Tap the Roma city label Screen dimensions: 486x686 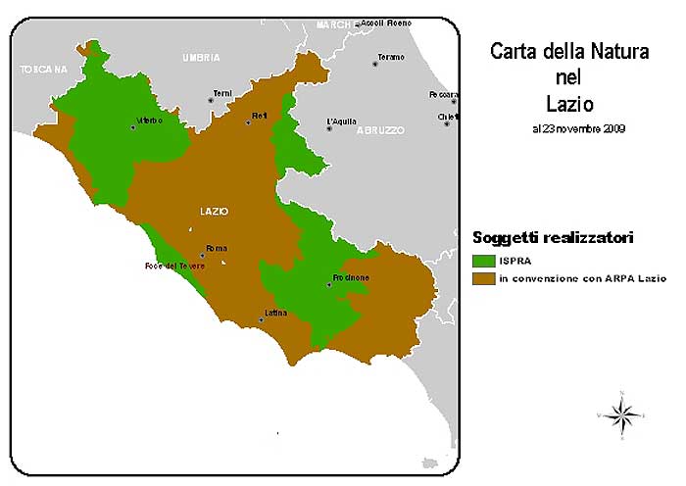click(x=216, y=249)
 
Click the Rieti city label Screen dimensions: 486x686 click(x=259, y=116)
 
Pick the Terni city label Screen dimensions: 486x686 click(x=221, y=93)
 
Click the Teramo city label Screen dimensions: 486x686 click(x=390, y=57)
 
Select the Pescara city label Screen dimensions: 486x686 click(x=442, y=95)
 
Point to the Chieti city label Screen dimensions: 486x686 click(x=448, y=116)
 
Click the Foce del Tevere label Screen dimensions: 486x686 click(x=174, y=267)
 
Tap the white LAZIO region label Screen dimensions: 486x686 click(x=214, y=211)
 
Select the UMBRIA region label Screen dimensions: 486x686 click(x=201, y=58)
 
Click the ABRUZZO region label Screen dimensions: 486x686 click(x=380, y=129)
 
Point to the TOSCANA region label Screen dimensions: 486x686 click(x=43, y=70)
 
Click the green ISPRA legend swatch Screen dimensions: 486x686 click(x=483, y=261)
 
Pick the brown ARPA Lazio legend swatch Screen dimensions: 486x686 click(x=483, y=278)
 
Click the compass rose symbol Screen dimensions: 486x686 click(x=620, y=415)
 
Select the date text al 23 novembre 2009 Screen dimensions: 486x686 click(x=579, y=128)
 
